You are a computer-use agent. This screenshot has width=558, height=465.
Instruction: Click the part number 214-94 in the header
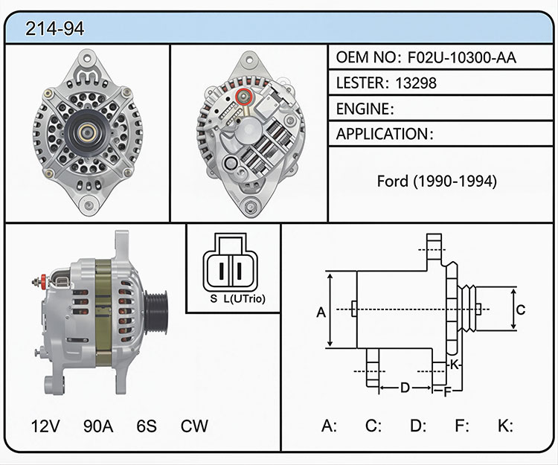coord(55,28)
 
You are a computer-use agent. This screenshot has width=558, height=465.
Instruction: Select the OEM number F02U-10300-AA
coord(461,57)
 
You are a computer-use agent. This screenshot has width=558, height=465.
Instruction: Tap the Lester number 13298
coord(416,83)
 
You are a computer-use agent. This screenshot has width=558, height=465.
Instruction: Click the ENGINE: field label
coord(365,109)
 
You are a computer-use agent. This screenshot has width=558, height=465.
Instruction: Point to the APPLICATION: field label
coord(385,134)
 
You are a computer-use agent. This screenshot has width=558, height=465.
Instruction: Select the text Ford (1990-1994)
coord(437,181)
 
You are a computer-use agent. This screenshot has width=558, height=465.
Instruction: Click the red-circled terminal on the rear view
coord(244,96)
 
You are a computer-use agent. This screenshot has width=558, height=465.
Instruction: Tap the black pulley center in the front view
coord(86,132)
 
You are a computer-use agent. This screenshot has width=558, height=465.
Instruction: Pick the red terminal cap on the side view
coord(43,280)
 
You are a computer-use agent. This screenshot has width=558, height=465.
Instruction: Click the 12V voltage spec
coord(45,426)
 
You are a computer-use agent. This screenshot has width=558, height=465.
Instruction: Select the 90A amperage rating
coord(98,426)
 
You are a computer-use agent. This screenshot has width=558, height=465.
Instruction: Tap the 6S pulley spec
coord(147,426)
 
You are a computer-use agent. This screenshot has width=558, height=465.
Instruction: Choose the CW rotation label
coord(194,426)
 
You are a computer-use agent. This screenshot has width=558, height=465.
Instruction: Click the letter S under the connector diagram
coord(214,299)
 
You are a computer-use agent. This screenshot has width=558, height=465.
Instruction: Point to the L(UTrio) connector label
coord(245,299)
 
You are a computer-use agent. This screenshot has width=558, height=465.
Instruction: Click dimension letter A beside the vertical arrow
coord(321,312)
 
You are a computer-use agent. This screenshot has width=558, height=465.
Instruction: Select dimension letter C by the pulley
coord(521,310)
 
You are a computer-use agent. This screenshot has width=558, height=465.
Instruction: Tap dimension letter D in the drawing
coord(405,388)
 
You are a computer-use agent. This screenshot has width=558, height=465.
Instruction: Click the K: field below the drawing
coord(505,426)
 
